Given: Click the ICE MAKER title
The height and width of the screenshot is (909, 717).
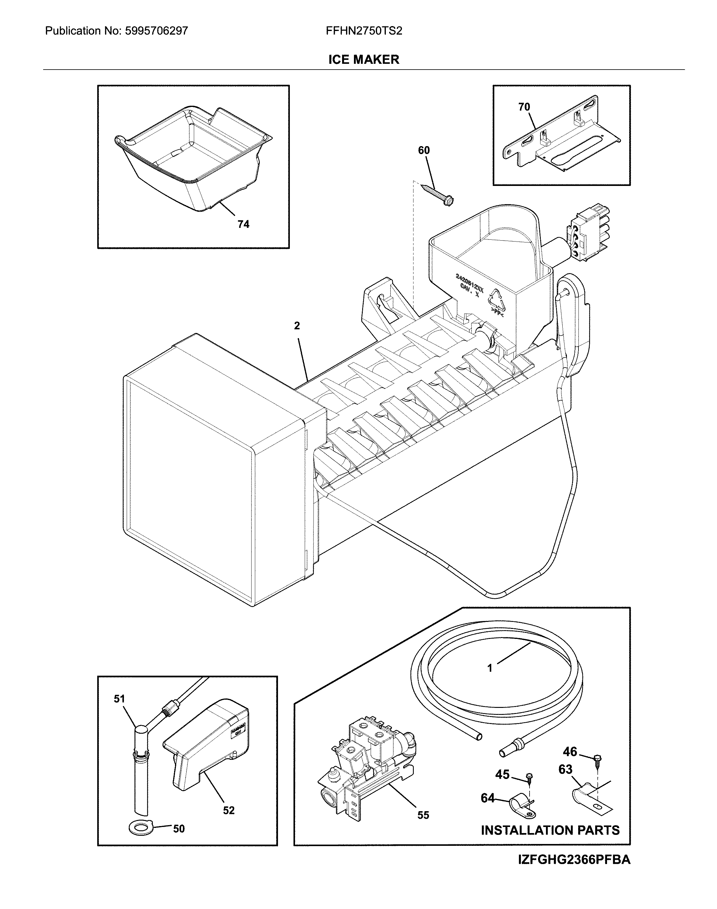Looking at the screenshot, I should [x=364, y=60].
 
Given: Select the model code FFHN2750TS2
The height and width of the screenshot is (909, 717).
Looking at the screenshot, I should [x=364, y=31].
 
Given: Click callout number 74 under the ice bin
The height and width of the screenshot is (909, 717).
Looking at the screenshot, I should [x=243, y=225].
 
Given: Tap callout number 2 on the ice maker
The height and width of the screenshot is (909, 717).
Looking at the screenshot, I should [x=297, y=326].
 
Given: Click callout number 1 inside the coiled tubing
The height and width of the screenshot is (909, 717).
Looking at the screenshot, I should [x=490, y=668].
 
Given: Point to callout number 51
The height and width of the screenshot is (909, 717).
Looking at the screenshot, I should [x=120, y=699].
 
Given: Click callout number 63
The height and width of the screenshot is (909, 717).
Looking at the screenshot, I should [x=565, y=769].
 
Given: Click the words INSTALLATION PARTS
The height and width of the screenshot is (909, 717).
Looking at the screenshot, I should [x=550, y=830].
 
